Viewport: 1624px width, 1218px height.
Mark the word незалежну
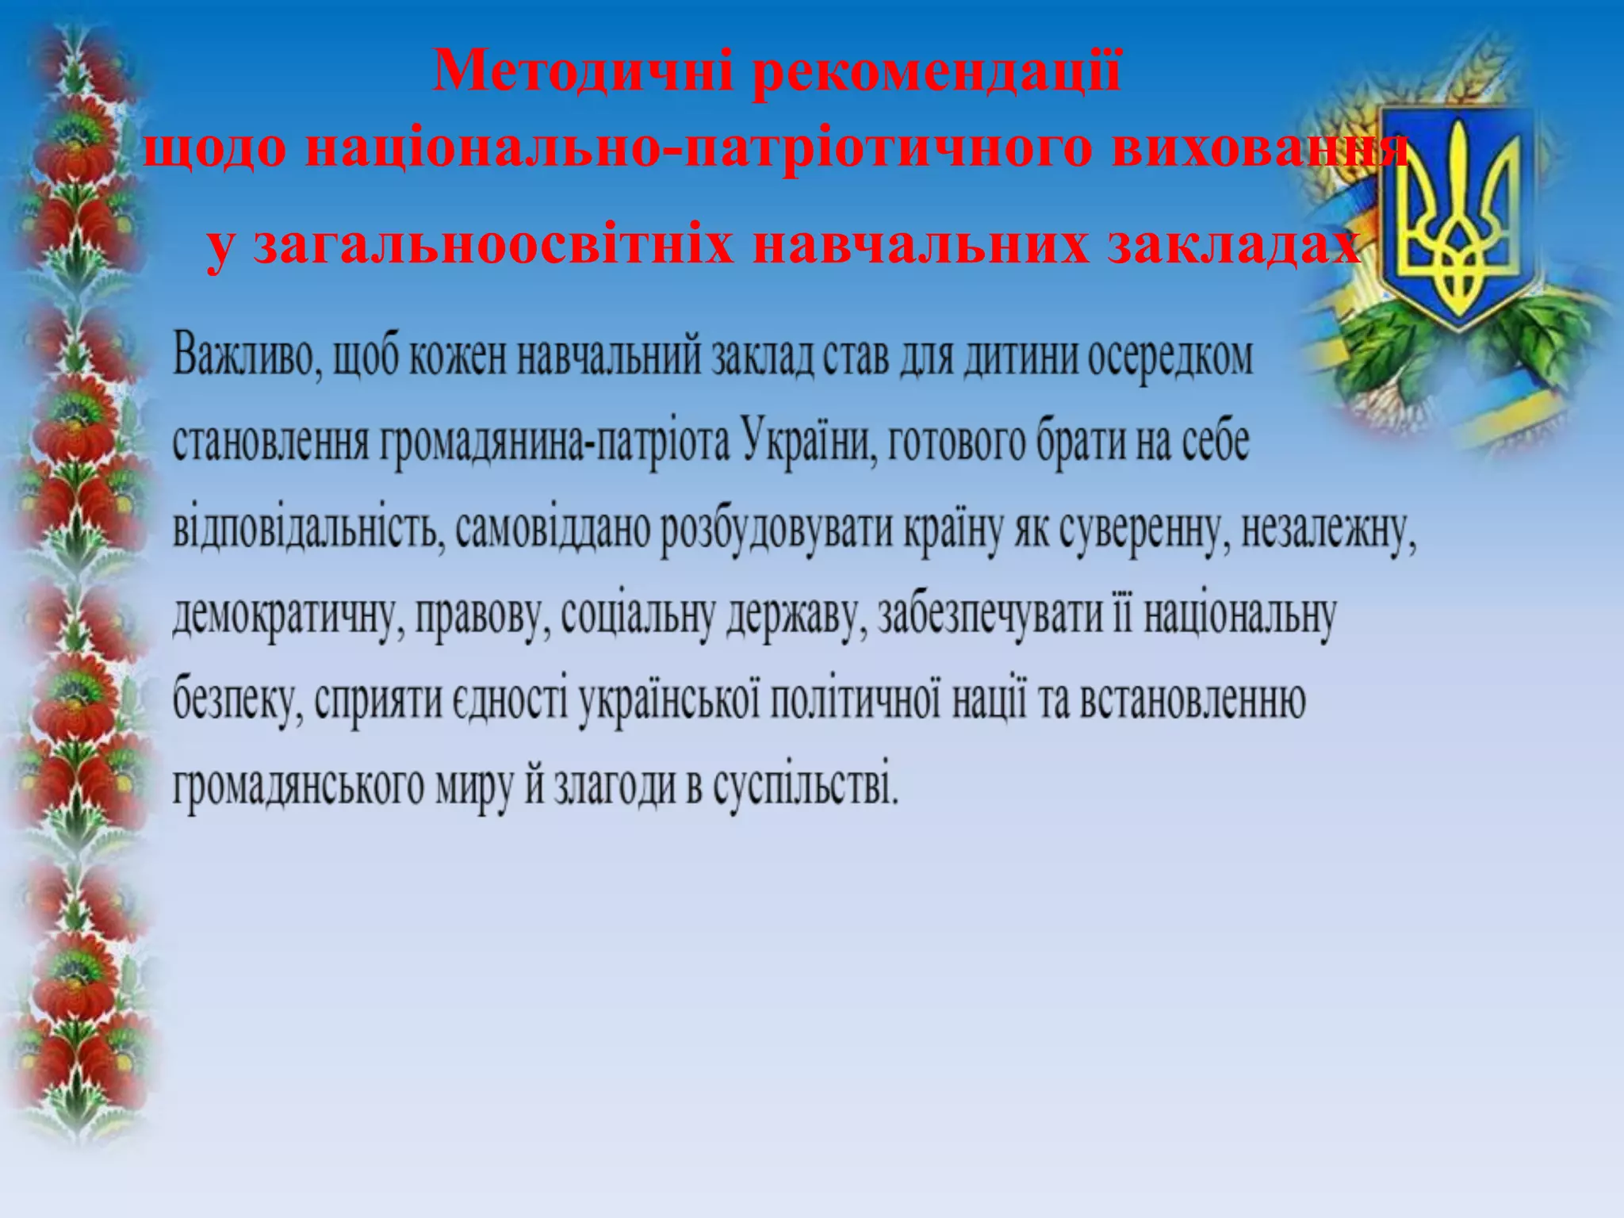click(x=1328, y=530)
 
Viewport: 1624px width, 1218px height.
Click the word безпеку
click(x=237, y=701)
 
